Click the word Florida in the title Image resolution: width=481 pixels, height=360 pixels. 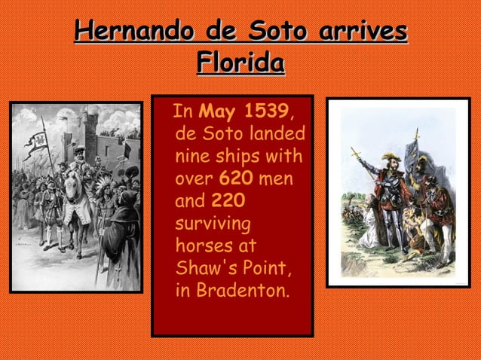(240, 63)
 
